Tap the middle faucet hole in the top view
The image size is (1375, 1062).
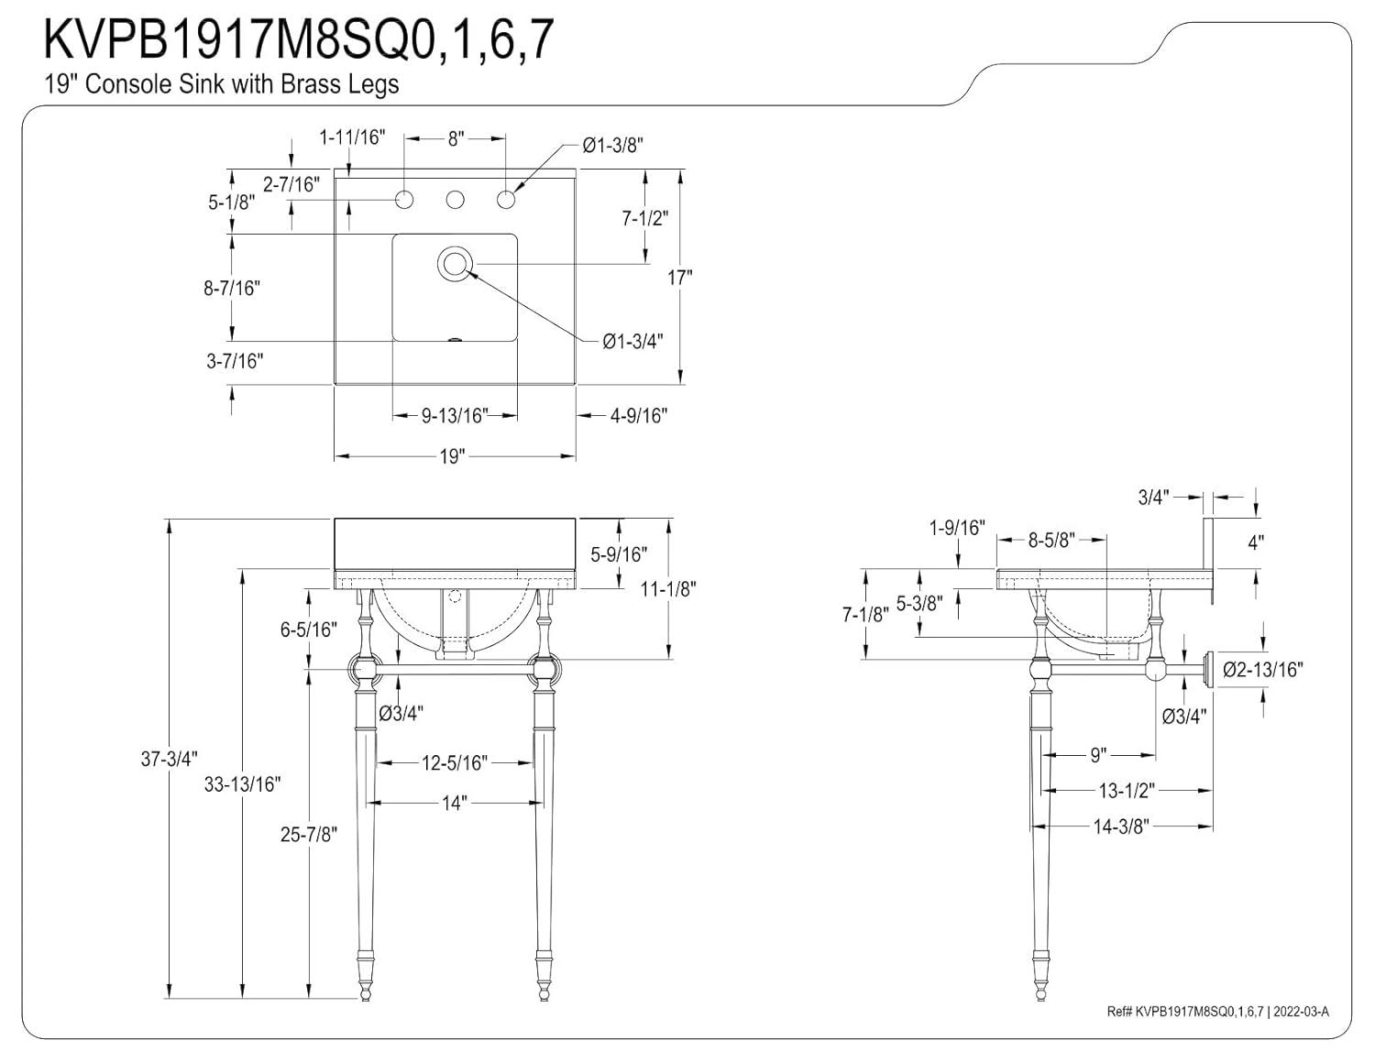tap(454, 199)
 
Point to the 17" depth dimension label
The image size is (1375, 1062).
tap(679, 278)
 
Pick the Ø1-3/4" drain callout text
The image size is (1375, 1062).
tap(633, 341)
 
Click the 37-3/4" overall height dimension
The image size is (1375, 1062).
tap(170, 759)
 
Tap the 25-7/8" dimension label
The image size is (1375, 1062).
tap(309, 835)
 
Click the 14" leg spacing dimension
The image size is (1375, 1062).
tap(455, 804)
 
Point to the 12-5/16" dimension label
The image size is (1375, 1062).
tap(455, 762)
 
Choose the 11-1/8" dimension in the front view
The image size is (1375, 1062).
tap(668, 589)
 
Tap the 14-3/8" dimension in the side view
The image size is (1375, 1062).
tap(1120, 827)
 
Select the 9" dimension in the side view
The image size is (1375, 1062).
tap(1099, 755)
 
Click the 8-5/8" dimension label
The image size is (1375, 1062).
tap(1050, 541)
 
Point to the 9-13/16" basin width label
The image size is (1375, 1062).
tap(455, 416)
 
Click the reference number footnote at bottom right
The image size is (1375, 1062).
tap(1217, 1012)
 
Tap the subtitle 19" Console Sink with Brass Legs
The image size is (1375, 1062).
tap(222, 84)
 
